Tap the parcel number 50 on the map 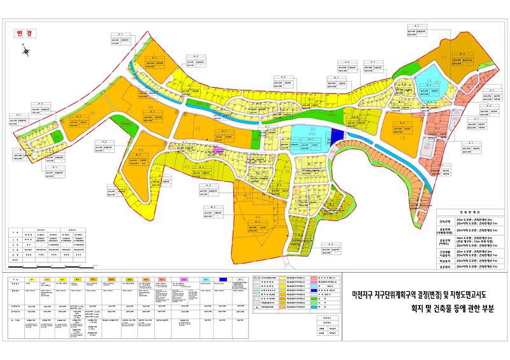pos(93,113)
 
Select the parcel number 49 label pos(150,106)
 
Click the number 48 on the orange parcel pos(140,150)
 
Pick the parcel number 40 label pos(258,218)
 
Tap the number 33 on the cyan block pos(312,129)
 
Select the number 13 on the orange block pos(403,136)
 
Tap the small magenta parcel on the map pos(216,150)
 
